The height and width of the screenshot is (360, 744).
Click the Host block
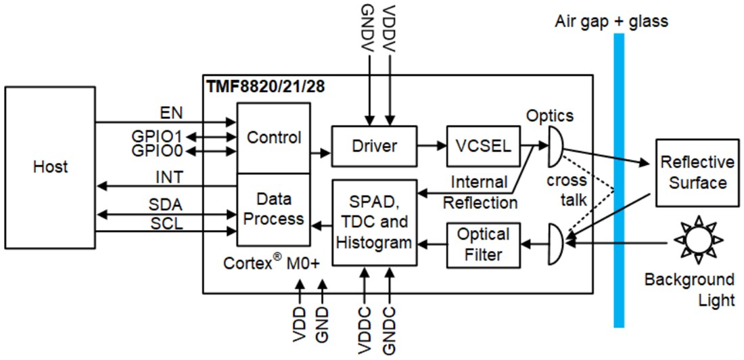(x=50, y=166)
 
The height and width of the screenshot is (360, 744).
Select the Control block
(x=273, y=138)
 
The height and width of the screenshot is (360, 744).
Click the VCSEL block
(x=478, y=145)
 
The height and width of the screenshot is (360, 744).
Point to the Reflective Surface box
(x=697, y=173)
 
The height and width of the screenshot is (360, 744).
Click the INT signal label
(x=170, y=177)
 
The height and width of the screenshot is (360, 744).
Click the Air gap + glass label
(x=611, y=21)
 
